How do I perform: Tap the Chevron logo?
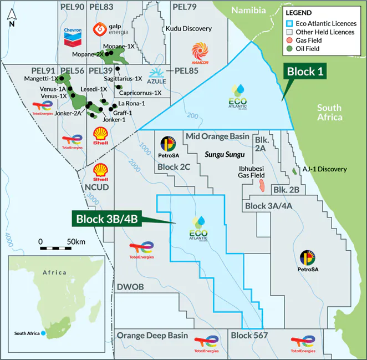click(x=73, y=36)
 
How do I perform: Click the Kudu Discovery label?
click(x=189, y=28)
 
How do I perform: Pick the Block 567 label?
click(x=249, y=336)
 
